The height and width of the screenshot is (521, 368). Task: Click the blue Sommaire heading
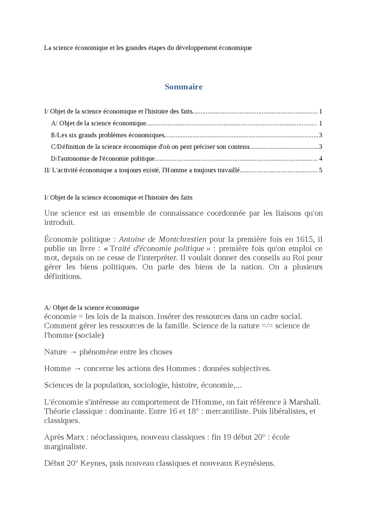[x=183, y=87]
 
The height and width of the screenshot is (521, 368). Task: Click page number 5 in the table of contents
[x=321, y=170]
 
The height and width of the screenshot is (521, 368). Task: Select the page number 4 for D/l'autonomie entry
[x=321, y=159]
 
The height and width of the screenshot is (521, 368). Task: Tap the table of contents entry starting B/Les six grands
[x=108, y=135]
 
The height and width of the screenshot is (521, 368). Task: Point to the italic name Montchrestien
[x=182, y=239]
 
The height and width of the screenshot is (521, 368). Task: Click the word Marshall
[x=304, y=402]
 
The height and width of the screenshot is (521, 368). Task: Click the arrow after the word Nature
[x=73, y=352]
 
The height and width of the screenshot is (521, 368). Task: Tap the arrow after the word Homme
[x=77, y=369]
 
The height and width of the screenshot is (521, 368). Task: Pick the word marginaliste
[x=65, y=446]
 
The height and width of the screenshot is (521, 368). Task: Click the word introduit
[x=59, y=222]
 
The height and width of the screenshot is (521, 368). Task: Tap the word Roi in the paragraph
[x=299, y=258]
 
